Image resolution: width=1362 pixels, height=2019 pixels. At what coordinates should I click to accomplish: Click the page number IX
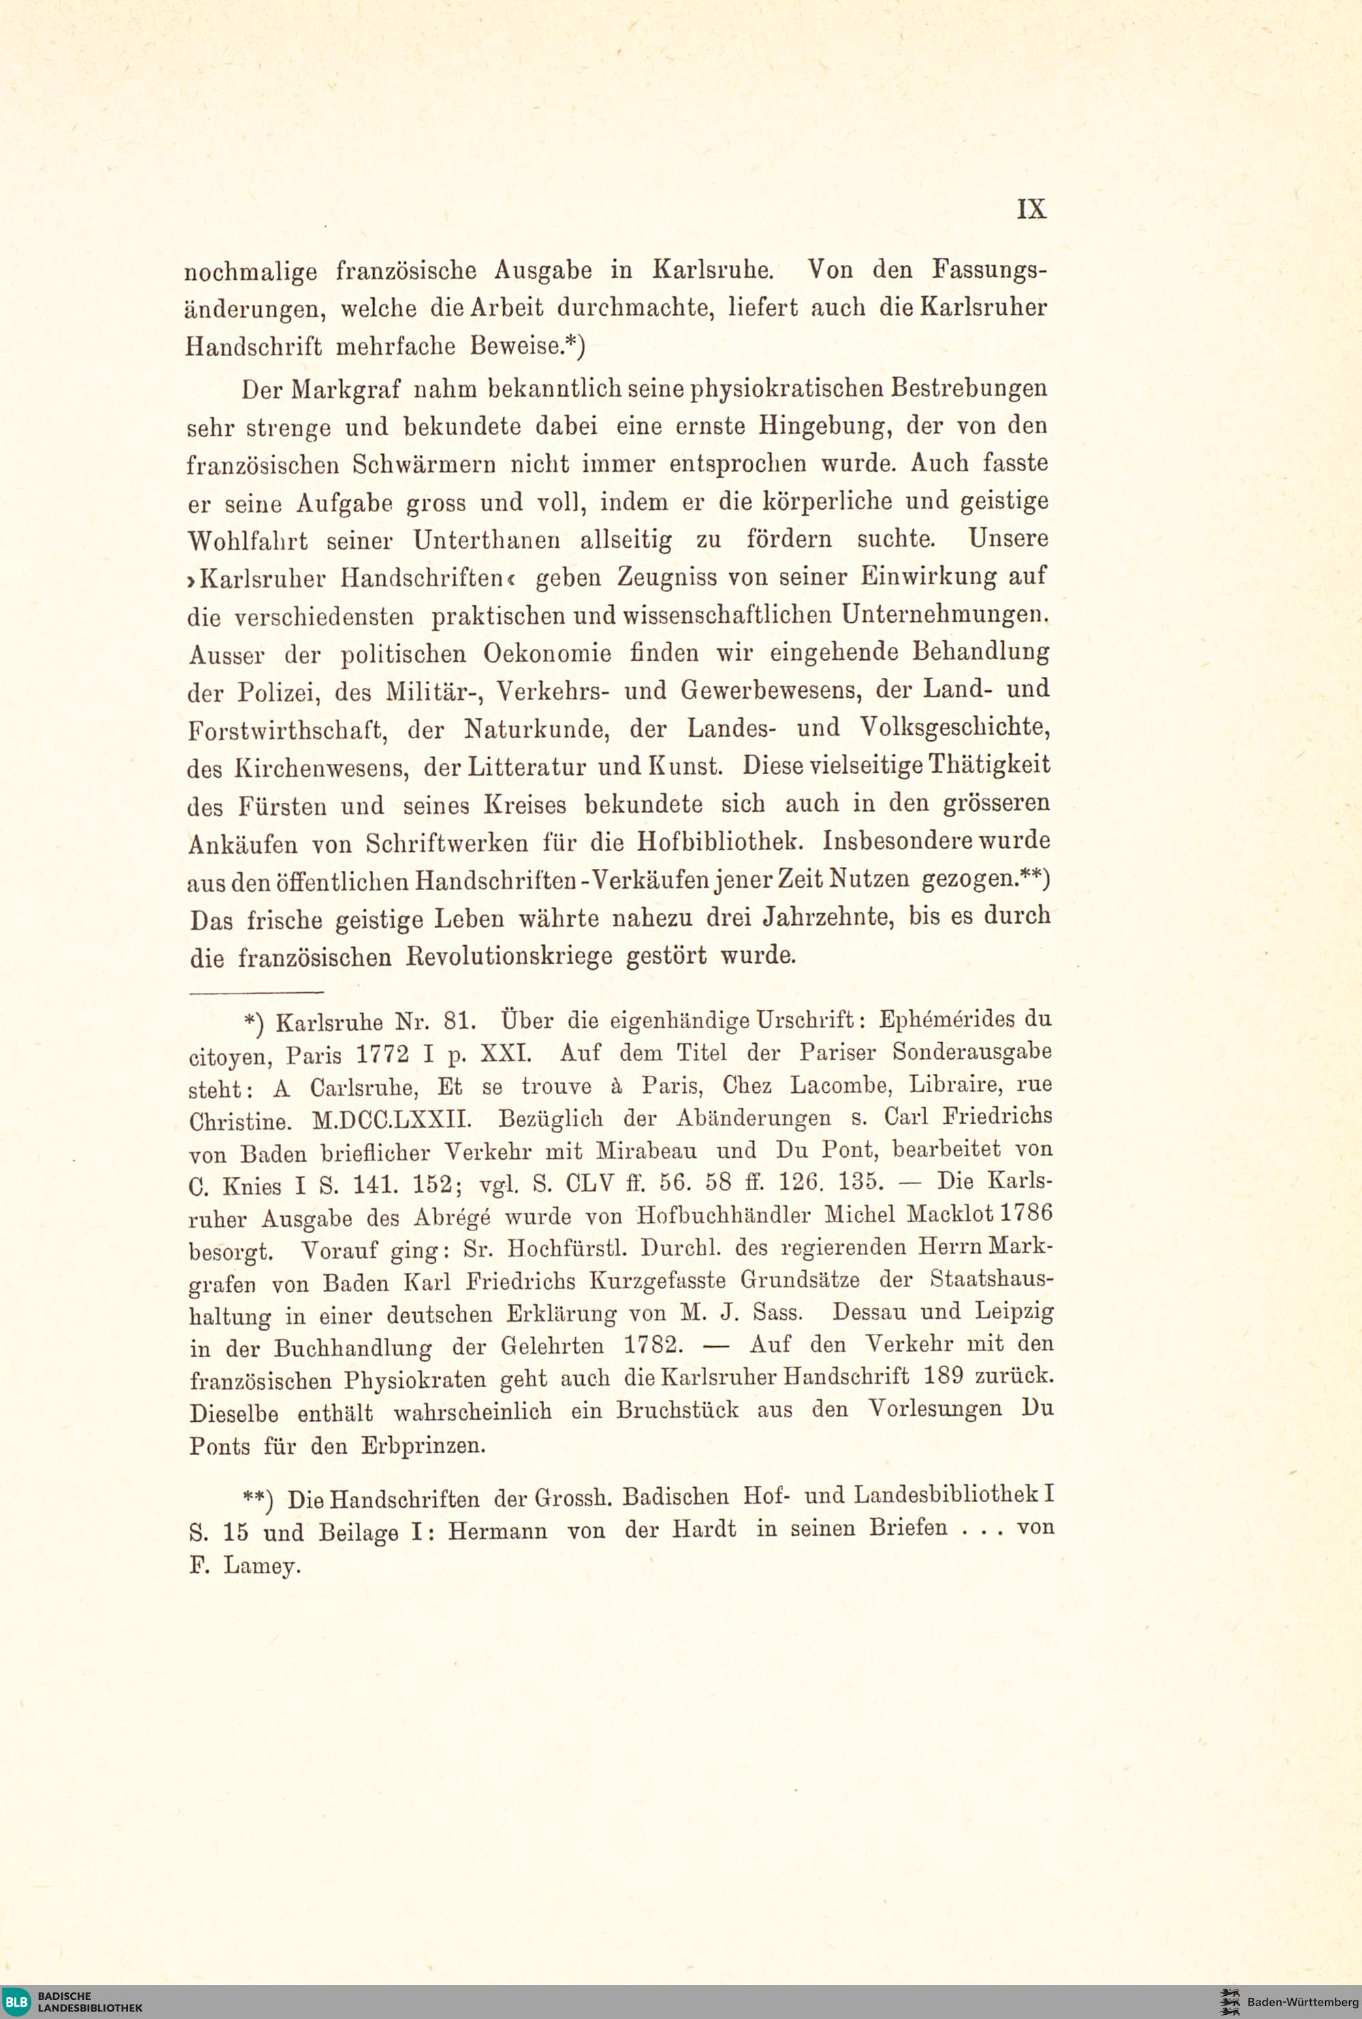click(1031, 209)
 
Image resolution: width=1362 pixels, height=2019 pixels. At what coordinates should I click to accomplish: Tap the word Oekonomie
click(548, 653)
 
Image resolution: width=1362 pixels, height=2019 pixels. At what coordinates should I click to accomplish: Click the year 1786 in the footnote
click(1024, 1212)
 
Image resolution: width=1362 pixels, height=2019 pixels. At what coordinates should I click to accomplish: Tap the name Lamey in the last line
click(262, 1565)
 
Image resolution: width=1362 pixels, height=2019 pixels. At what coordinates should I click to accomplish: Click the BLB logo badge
click(16, 2001)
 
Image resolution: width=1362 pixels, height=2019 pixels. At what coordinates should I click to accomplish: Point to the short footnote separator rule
click(256, 991)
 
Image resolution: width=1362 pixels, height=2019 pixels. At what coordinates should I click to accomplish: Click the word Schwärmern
click(423, 464)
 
